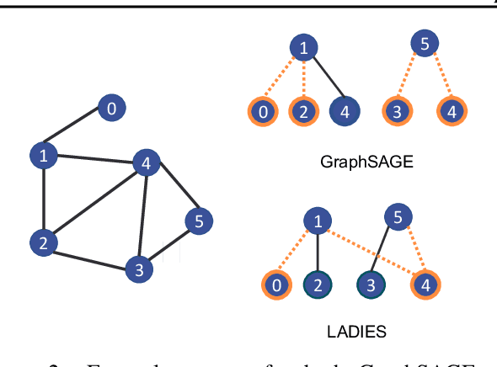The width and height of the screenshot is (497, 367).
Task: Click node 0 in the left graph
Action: tap(110, 107)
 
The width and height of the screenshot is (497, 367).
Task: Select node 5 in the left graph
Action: tap(199, 221)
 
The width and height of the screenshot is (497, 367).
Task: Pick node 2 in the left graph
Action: tap(41, 243)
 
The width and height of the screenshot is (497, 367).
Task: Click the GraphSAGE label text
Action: tap(368, 161)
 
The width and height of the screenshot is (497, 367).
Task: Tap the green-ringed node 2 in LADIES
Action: tap(318, 285)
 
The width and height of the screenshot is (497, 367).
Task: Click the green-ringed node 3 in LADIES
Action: tap(371, 285)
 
